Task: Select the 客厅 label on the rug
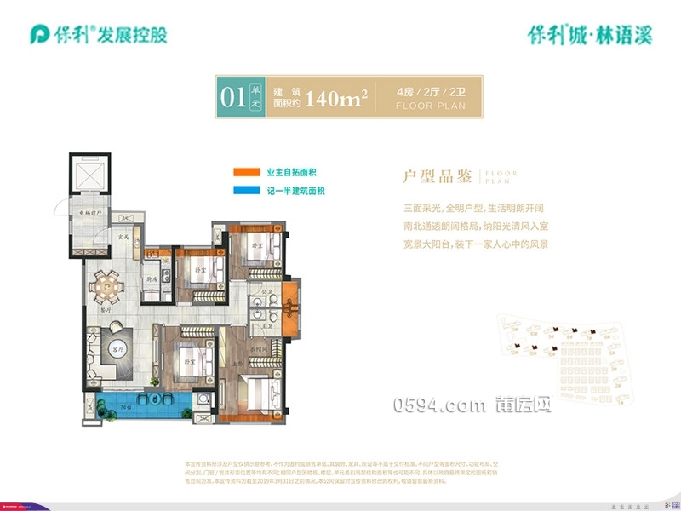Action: tap(117, 349)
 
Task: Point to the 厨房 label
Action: tap(150, 278)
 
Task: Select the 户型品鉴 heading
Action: tap(438, 176)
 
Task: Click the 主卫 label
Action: tap(266, 324)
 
